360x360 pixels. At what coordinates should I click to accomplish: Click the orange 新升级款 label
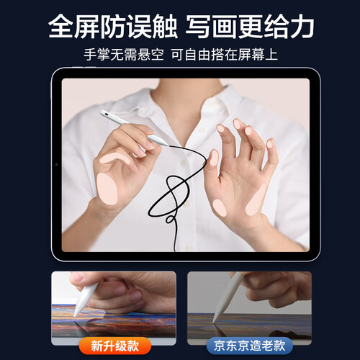(x=115, y=346)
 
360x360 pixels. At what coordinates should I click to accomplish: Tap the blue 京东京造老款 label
(x=250, y=346)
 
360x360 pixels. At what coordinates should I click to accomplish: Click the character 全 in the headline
(x=61, y=26)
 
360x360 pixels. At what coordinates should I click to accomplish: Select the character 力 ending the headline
(x=302, y=26)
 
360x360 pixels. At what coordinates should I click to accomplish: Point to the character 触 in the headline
(x=164, y=26)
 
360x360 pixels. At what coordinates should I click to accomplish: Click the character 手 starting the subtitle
(x=90, y=55)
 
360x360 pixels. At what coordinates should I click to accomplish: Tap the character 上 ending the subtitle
(x=271, y=55)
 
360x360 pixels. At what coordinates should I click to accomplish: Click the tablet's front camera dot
(x=56, y=165)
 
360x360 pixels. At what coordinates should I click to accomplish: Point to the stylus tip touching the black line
(x=168, y=145)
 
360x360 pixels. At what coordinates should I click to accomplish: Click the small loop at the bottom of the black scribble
(x=170, y=219)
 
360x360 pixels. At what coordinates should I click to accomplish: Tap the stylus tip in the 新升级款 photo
(x=75, y=315)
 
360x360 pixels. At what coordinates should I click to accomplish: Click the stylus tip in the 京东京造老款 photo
(x=214, y=320)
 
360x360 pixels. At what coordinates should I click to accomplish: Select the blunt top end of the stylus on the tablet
(x=102, y=112)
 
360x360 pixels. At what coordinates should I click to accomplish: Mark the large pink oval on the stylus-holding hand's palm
(x=107, y=189)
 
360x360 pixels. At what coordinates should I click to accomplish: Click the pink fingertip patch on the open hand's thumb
(x=214, y=158)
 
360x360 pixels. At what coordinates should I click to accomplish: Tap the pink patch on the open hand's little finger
(x=270, y=143)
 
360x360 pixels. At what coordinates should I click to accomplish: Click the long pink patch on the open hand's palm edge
(x=256, y=199)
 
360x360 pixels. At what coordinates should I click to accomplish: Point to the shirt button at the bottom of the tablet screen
(x=187, y=248)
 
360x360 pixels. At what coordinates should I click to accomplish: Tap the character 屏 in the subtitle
(x=244, y=55)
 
